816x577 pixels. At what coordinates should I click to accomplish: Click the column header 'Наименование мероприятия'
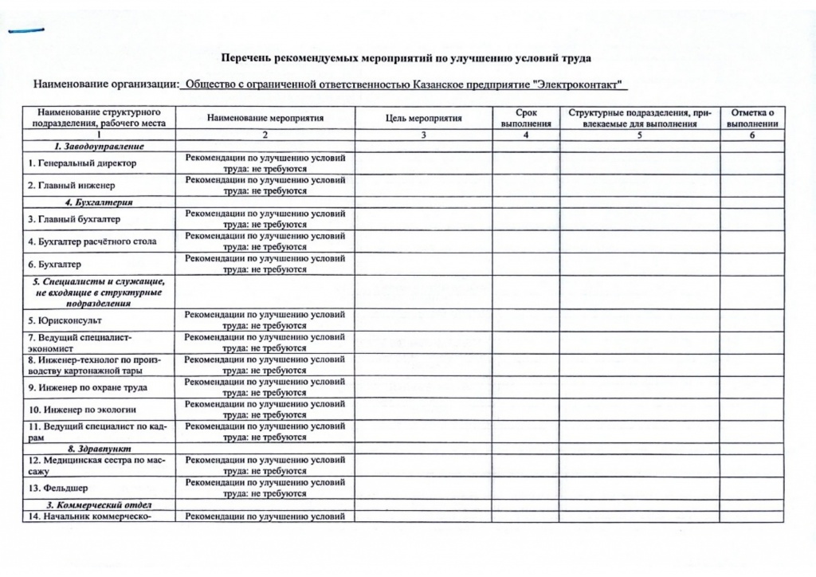(x=265, y=118)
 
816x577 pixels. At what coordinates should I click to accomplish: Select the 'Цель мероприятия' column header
(x=423, y=118)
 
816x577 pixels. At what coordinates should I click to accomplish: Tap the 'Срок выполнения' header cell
(x=526, y=118)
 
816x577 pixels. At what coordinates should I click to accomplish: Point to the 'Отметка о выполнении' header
(x=752, y=118)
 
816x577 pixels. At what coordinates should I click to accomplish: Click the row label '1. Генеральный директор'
(x=82, y=163)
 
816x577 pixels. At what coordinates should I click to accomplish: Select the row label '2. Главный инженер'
(x=72, y=186)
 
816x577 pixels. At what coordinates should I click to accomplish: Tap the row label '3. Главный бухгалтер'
(x=74, y=219)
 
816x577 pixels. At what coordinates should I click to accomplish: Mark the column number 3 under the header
(x=423, y=135)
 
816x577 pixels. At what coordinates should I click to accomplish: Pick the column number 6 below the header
(x=752, y=135)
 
